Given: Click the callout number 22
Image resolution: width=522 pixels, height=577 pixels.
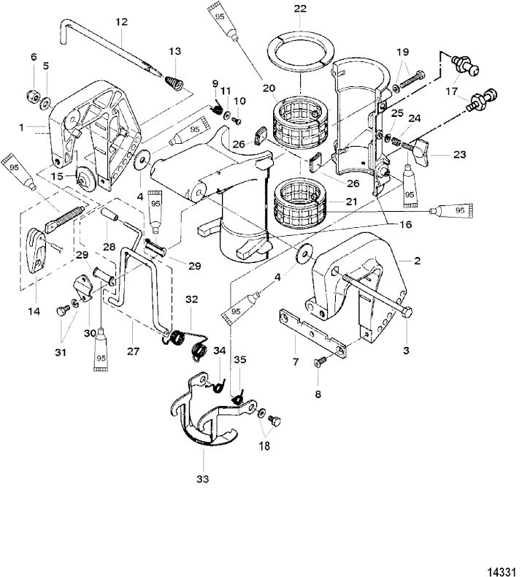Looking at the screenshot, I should (300, 9).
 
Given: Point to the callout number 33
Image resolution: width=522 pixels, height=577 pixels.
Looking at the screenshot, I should (202, 479).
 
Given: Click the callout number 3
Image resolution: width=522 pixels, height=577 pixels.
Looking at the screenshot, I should (407, 349).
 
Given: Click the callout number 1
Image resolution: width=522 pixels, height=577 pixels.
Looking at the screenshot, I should (23, 127).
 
